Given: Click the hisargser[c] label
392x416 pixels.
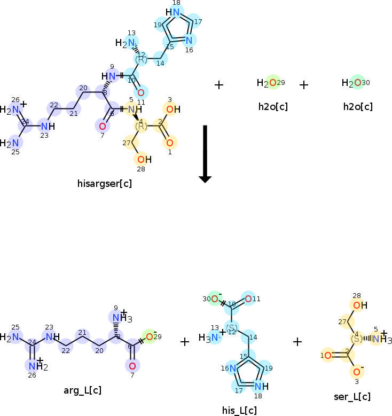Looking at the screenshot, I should pyautogui.click(x=105, y=184).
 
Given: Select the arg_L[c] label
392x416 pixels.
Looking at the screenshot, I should pyautogui.click(x=82, y=390).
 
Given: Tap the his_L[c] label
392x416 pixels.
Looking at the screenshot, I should pyautogui.click(x=239, y=410).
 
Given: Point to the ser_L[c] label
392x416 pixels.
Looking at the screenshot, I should pyautogui.click(x=351, y=396).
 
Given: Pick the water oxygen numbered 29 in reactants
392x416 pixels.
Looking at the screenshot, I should pyautogui.click(x=273, y=83).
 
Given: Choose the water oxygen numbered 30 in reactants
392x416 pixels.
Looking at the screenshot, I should pyautogui.click(x=358, y=83).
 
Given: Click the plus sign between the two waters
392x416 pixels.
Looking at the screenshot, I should pyautogui.click(x=304, y=84).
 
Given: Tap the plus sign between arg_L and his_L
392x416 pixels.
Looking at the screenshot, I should pyautogui.click(x=185, y=341).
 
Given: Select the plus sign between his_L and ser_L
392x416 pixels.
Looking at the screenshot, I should pyautogui.click(x=297, y=341).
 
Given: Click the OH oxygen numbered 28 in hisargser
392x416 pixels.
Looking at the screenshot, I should pyautogui.click(x=140, y=159).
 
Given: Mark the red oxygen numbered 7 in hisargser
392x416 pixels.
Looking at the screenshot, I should pyautogui.click(x=102, y=126).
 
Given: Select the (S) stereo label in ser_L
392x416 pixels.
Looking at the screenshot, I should pyautogui.click(x=356, y=339).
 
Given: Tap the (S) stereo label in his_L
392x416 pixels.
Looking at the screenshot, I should pyautogui.click(x=231, y=327).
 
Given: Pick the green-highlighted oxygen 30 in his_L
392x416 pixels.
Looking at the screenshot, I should pyautogui.click(x=214, y=299).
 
